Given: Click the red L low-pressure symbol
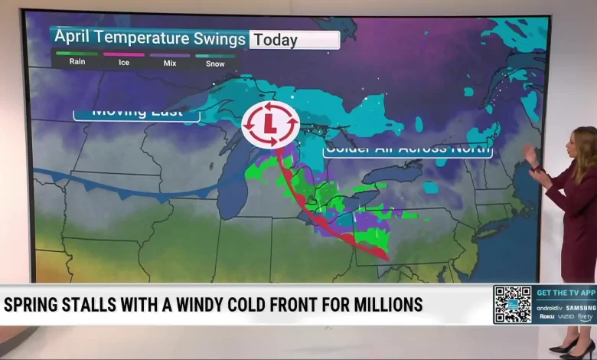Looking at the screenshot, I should click(270, 124).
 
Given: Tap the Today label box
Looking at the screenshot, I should click(295, 40).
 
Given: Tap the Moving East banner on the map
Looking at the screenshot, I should click(136, 113).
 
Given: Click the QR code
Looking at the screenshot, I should click(512, 304).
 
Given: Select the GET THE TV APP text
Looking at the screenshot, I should click(566, 293).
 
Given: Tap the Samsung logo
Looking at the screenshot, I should click(581, 307).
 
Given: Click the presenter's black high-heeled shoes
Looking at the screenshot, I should click(567, 345).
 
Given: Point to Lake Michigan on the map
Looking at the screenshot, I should click(233, 180).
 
